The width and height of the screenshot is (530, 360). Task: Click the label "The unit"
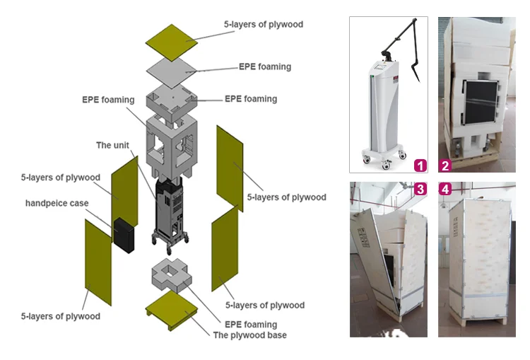[113, 145]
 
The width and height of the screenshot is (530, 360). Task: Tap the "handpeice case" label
[57, 203]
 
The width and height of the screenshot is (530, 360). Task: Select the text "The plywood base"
[250, 335]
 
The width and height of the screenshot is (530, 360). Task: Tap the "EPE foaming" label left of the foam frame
[108, 100]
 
